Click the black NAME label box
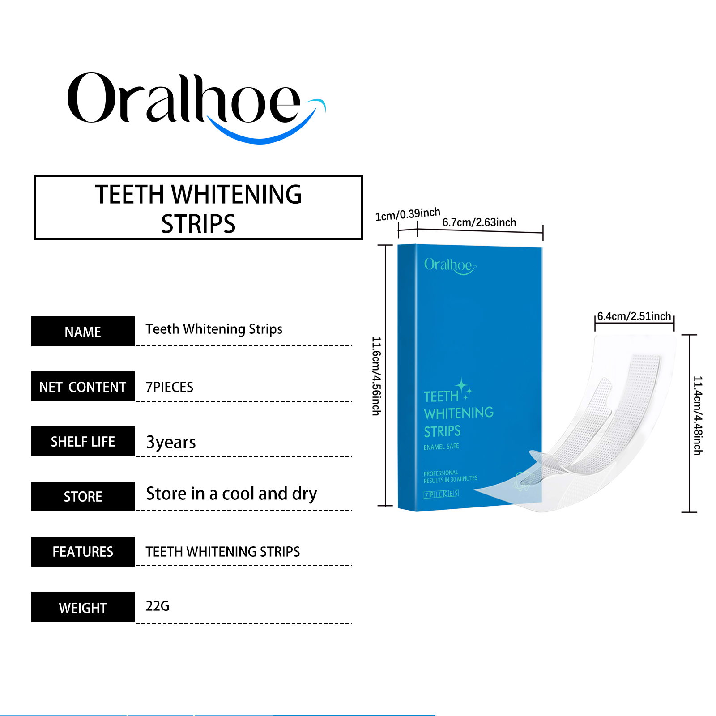point(83,332)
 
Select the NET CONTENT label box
point(83,387)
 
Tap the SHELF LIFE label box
point(83,442)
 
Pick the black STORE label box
point(83,497)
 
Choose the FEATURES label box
point(83,552)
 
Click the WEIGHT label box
point(83,607)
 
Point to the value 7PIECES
point(170,387)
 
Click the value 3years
point(171,442)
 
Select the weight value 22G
point(158,606)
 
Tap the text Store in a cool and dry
point(231,494)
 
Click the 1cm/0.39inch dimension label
point(408,214)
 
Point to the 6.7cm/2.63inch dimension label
point(479,222)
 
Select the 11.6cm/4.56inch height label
point(376,376)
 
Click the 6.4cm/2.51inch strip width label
point(634,316)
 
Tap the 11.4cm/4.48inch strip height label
point(698,416)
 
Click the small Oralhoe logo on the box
point(450,266)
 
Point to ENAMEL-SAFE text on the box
point(441,447)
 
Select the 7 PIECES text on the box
point(441,494)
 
